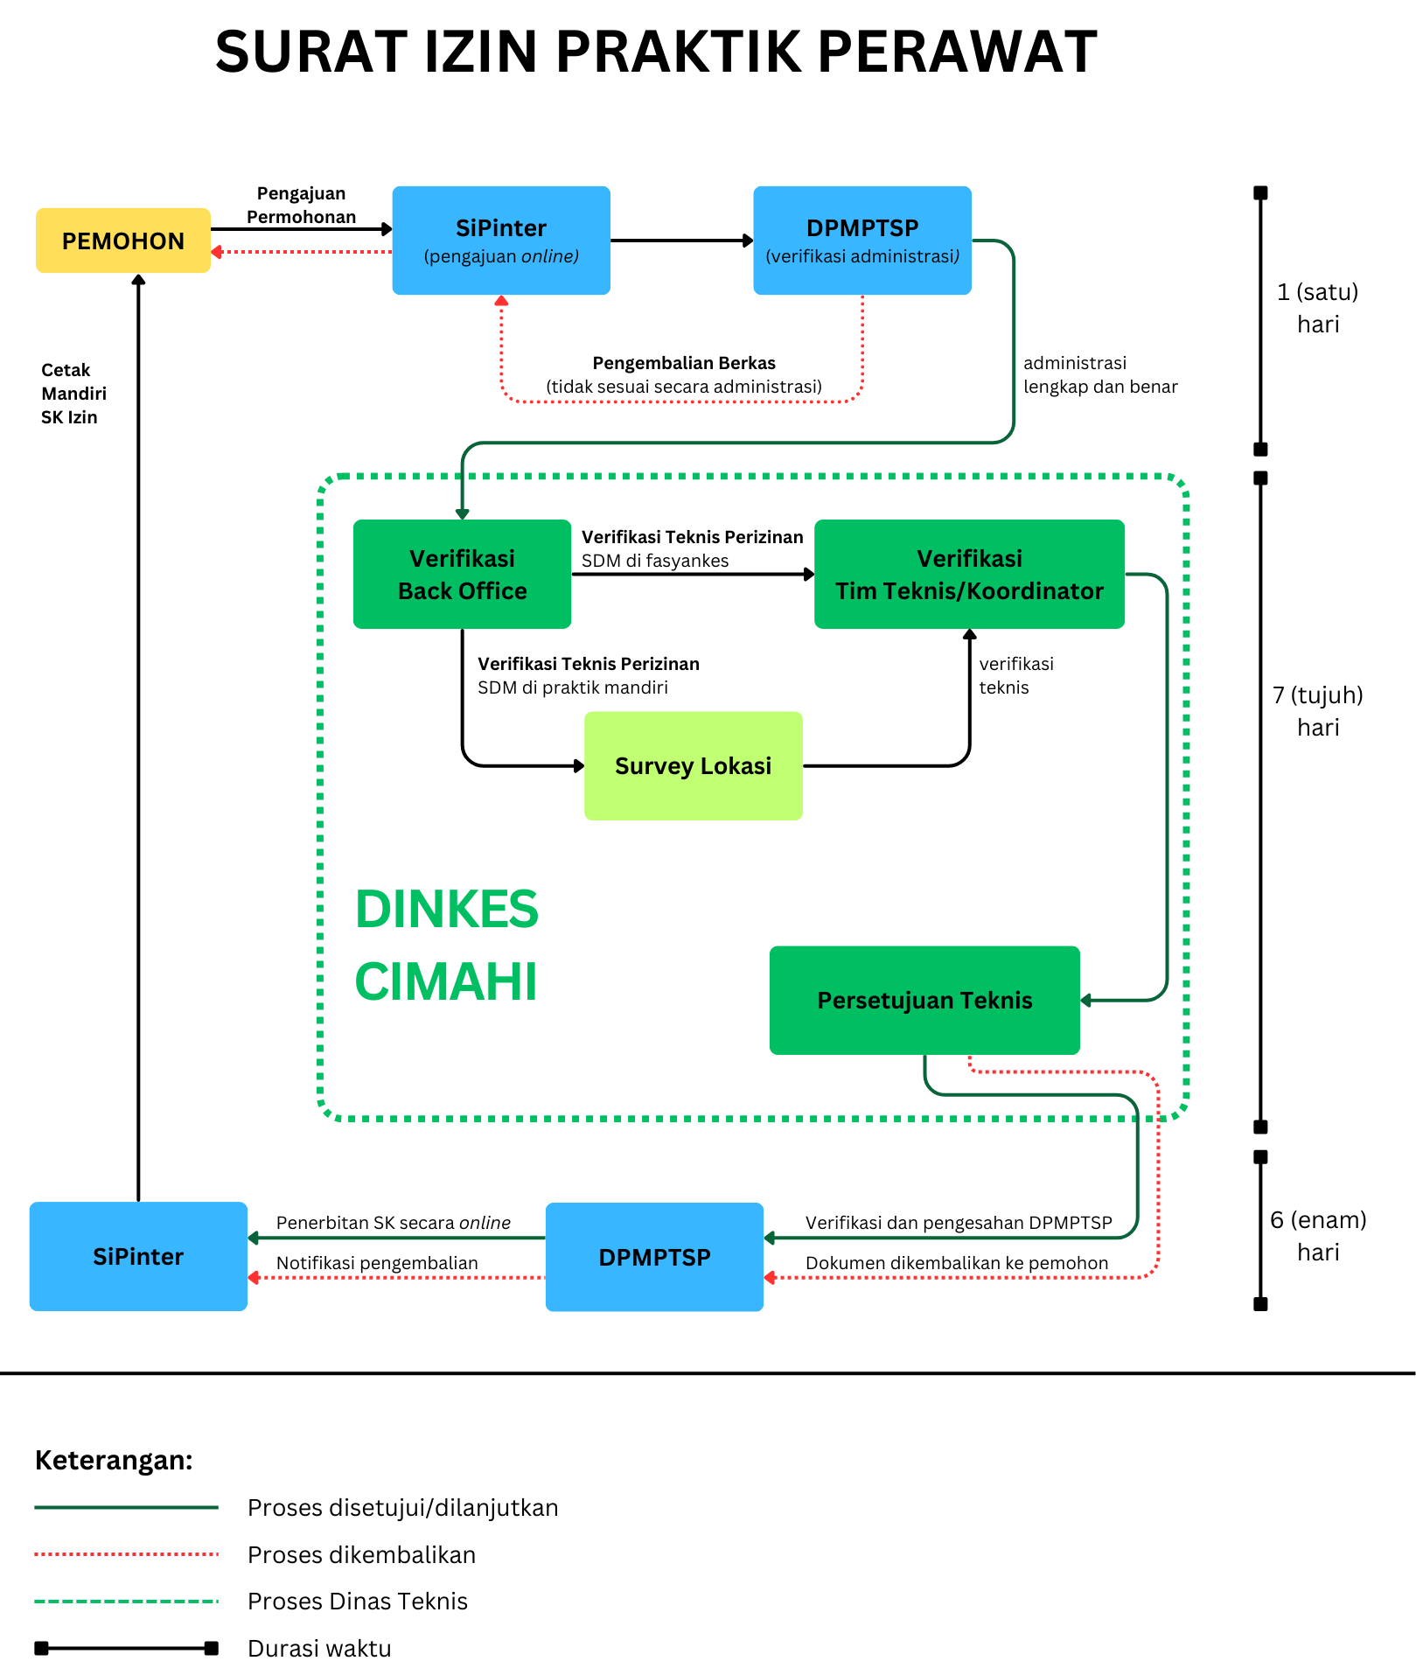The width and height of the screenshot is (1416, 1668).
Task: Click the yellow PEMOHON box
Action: tap(123, 241)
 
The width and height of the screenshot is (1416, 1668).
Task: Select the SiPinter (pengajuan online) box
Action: tap(501, 241)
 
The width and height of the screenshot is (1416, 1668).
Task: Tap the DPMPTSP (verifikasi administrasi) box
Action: tap(862, 241)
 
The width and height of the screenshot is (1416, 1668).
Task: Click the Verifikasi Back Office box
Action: tap(462, 574)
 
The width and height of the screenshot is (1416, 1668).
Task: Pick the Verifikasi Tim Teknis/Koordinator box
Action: tap(969, 574)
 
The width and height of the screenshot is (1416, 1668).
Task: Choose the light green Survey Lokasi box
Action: tap(694, 765)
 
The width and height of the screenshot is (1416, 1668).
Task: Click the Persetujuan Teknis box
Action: tap(924, 1000)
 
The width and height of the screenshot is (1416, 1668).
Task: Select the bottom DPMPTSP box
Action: tap(654, 1257)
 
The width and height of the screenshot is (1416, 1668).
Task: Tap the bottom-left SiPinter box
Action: tap(138, 1256)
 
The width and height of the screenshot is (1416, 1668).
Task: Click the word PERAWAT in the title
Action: tap(957, 52)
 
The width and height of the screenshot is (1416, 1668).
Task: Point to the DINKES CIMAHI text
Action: tap(447, 945)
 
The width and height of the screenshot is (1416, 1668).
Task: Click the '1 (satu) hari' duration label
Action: tap(1318, 308)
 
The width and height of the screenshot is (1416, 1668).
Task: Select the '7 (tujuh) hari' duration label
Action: tap(1318, 711)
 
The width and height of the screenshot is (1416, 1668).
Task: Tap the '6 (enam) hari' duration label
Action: tap(1318, 1236)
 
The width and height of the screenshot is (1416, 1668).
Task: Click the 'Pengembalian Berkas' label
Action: tap(684, 363)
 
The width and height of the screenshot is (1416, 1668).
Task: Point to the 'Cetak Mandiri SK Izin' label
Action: tap(73, 394)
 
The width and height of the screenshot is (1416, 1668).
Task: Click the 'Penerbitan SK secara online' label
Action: tap(394, 1223)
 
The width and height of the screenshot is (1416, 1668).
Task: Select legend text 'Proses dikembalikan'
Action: tap(362, 1554)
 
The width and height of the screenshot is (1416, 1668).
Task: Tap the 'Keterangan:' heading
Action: tap(114, 1460)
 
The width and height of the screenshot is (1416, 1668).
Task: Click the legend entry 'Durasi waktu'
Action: tap(319, 1648)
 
